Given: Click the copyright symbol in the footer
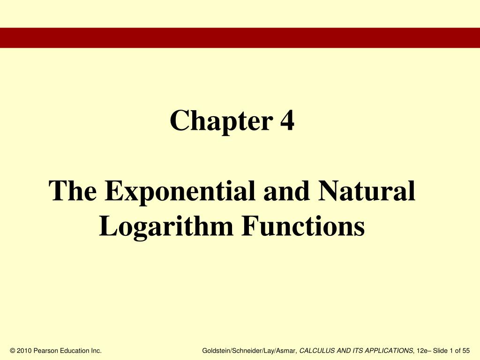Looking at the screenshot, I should [12, 351].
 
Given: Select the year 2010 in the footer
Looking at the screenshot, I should [25, 351].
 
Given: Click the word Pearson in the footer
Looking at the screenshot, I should [46, 351].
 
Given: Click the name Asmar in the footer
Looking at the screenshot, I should [286, 351].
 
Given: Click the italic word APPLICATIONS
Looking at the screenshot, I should [389, 351].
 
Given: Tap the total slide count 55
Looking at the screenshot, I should [465, 351].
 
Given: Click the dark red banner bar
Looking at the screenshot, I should [240, 37].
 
